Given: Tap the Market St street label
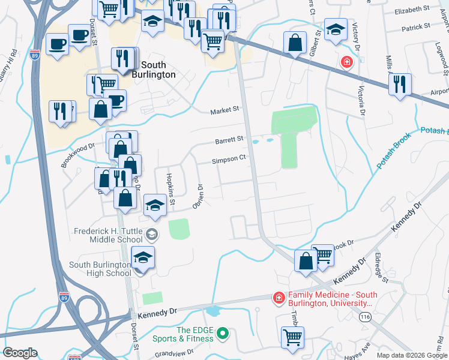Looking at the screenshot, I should click(224, 110).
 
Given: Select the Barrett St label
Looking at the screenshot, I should click(229, 139).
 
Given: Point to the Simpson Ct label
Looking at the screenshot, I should click(229, 160).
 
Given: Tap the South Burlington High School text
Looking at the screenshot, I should click(100, 269).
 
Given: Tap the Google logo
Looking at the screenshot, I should click(20, 353).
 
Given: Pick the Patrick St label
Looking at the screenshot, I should click(416, 27).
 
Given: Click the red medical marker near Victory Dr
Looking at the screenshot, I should click(346, 62).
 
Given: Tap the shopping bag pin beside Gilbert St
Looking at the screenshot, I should click(295, 43).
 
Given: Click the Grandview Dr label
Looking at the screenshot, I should click(175, 354).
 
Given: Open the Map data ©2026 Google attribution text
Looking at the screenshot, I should click(411, 355).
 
